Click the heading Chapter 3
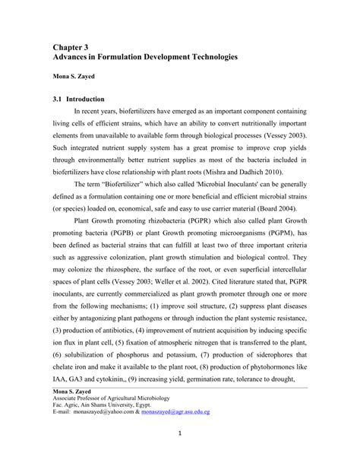point(74,46)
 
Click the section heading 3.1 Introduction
point(78,99)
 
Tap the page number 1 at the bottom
point(179,456)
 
